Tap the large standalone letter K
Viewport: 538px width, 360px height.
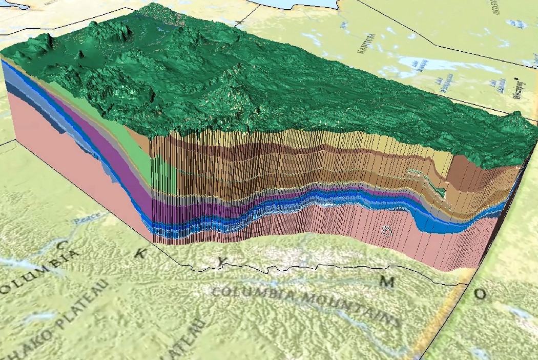pos(140,253)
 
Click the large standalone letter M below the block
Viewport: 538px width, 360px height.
pos(387,282)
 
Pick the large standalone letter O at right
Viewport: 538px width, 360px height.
pos(480,294)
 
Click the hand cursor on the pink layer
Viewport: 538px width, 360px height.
pos(387,231)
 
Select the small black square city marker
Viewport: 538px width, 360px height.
pos(515,79)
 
